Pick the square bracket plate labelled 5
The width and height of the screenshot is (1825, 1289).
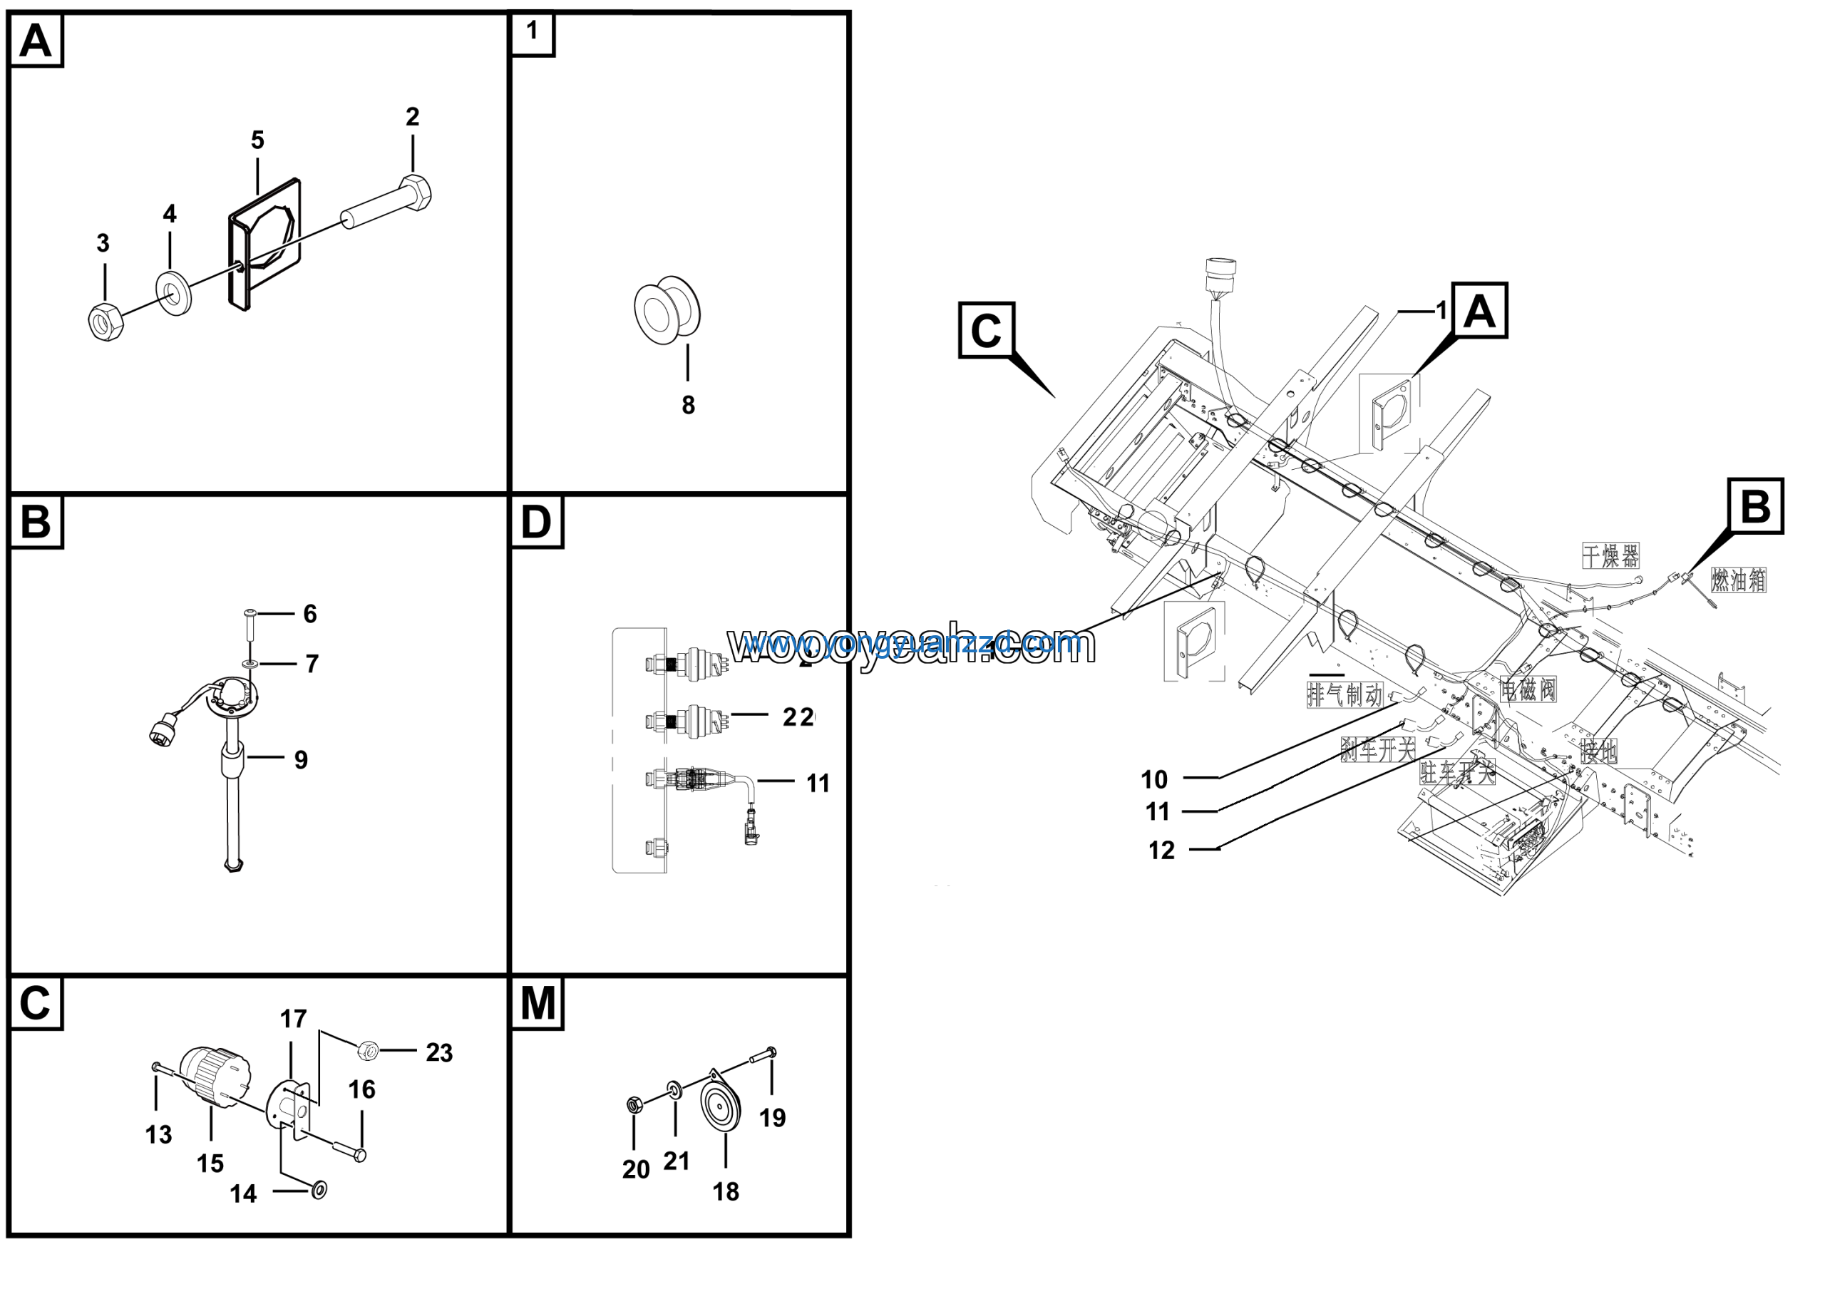pos(264,243)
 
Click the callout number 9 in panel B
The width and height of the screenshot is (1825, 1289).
pos(300,760)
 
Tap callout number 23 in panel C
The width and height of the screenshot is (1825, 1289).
pos(438,1052)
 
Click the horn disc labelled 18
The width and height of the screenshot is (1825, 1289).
pos(721,1106)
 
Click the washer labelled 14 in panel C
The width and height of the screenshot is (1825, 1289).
pos(319,1190)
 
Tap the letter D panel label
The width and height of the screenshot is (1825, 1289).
pos(535,522)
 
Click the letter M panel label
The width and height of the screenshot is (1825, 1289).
pos(538,1003)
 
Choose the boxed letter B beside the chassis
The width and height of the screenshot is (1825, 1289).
pos(1755,505)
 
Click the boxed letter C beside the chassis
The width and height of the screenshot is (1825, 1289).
pos(986,330)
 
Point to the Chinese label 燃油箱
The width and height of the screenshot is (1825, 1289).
pos(1738,580)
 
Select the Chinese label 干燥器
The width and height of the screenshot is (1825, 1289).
pos(1610,555)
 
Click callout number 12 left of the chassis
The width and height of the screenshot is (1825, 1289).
pos(1161,851)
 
